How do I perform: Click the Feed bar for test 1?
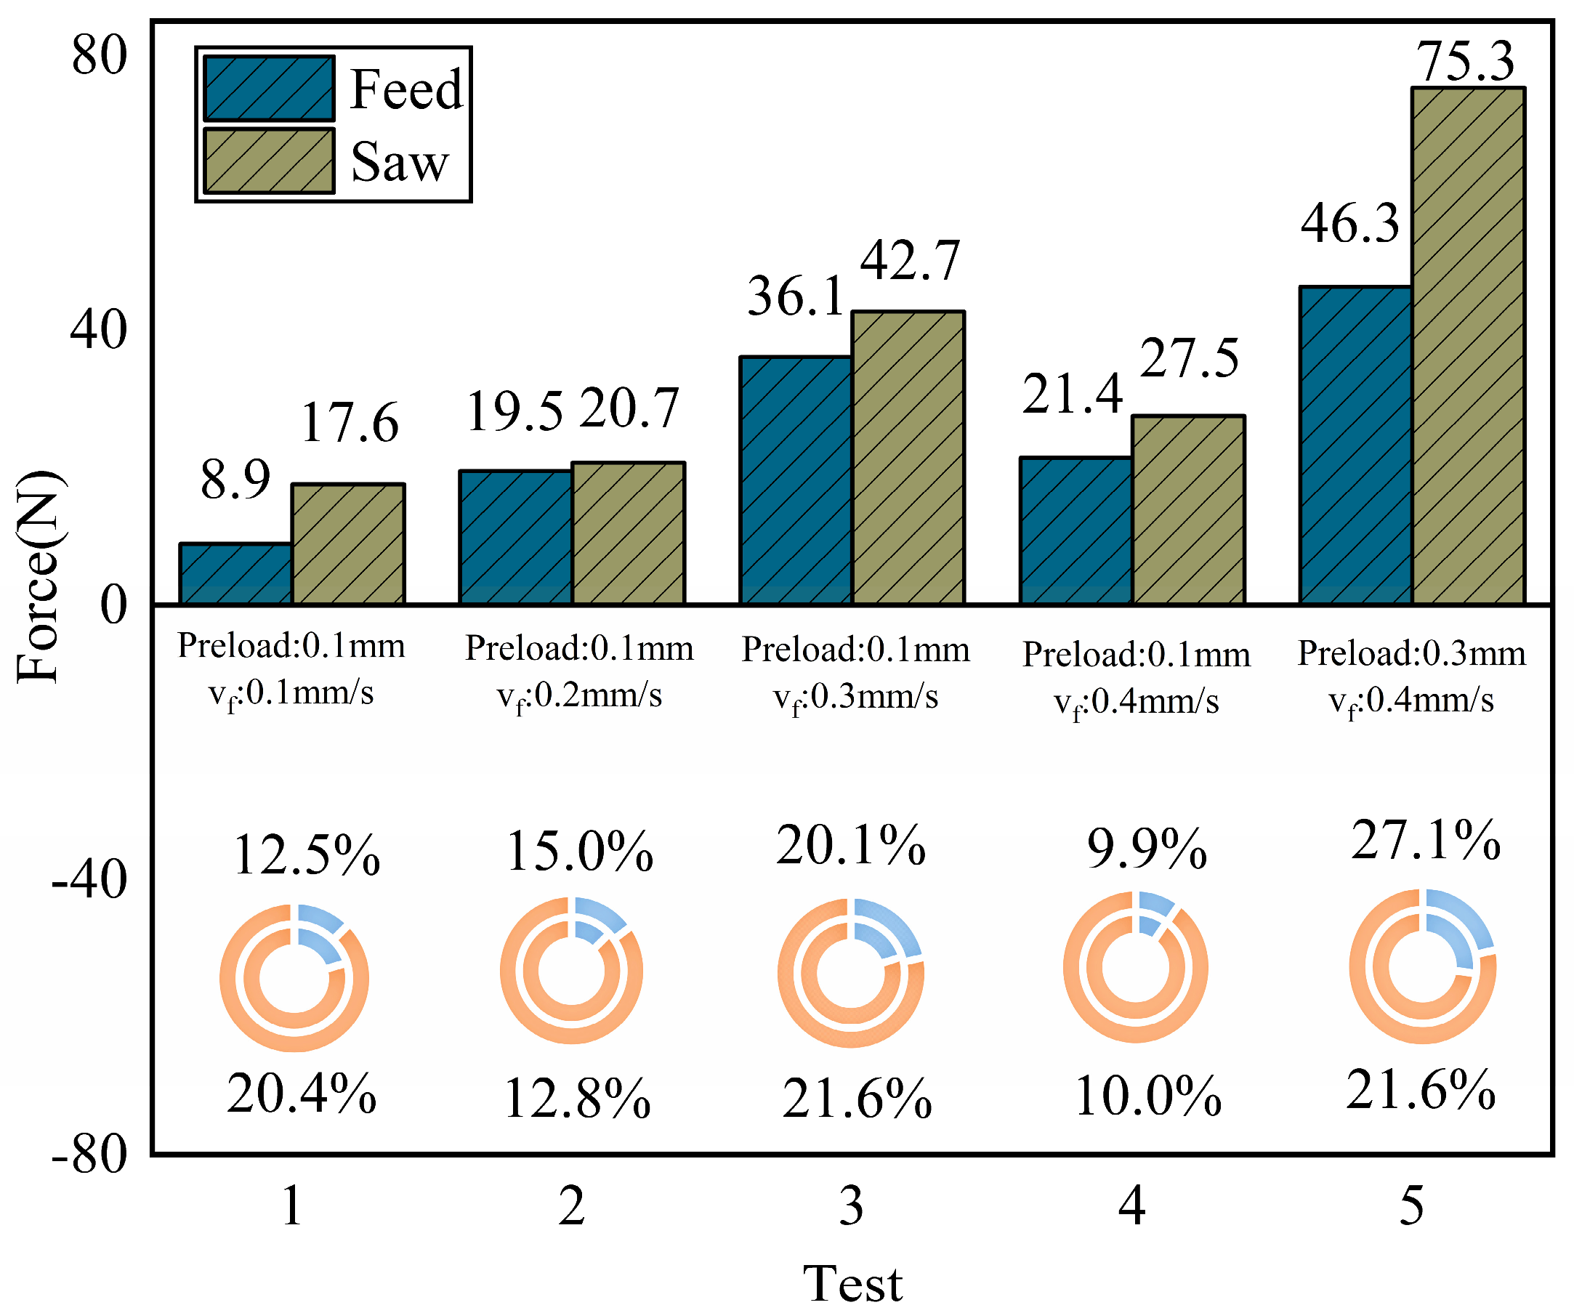(x=235, y=573)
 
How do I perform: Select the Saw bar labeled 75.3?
(x=1469, y=345)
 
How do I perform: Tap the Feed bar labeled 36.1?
(x=795, y=480)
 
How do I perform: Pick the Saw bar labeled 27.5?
(x=1189, y=509)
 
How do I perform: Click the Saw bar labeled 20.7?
(x=628, y=533)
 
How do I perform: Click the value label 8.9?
(x=235, y=480)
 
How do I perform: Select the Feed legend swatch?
(x=269, y=89)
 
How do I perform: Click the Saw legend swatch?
(x=269, y=161)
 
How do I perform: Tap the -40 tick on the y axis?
(x=89, y=879)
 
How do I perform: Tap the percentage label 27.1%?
(x=1426, y=840)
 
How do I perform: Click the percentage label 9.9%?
(x=1147, y=849)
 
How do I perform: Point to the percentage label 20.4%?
(x=302, y=1094)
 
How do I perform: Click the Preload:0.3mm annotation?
(x=1411, y=653)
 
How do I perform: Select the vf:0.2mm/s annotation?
(x=579, y=697)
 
